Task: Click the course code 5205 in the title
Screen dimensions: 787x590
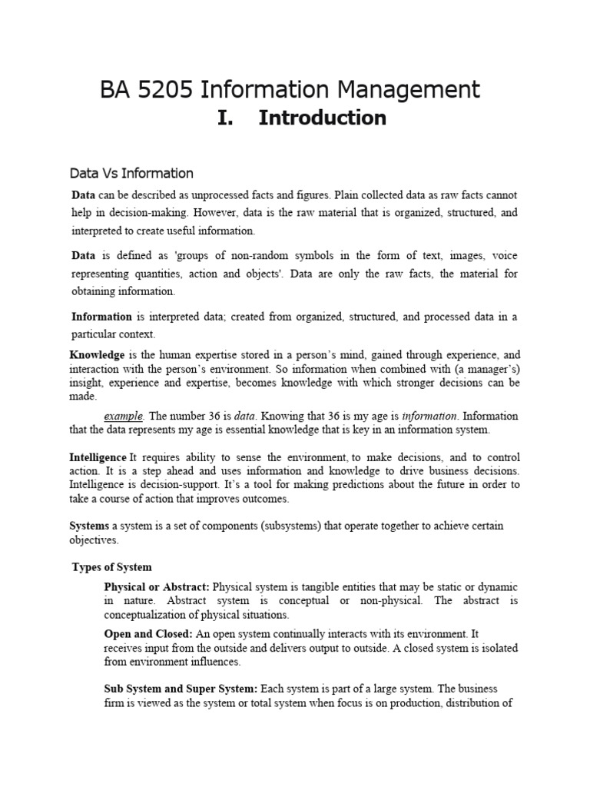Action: click(168, 90)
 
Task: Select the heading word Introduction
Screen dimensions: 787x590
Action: click(322, 118)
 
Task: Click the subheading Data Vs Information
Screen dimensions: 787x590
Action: click(131, 173)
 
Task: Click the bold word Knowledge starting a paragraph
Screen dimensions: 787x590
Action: click(97, 355)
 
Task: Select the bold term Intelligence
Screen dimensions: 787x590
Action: click(98, 457)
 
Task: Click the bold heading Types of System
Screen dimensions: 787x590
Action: click(111, 567)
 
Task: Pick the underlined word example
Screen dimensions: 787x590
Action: click(124, 416)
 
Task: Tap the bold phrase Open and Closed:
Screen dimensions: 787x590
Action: click(148, 634)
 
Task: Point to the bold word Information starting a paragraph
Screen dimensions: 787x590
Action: click(101, 316)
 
